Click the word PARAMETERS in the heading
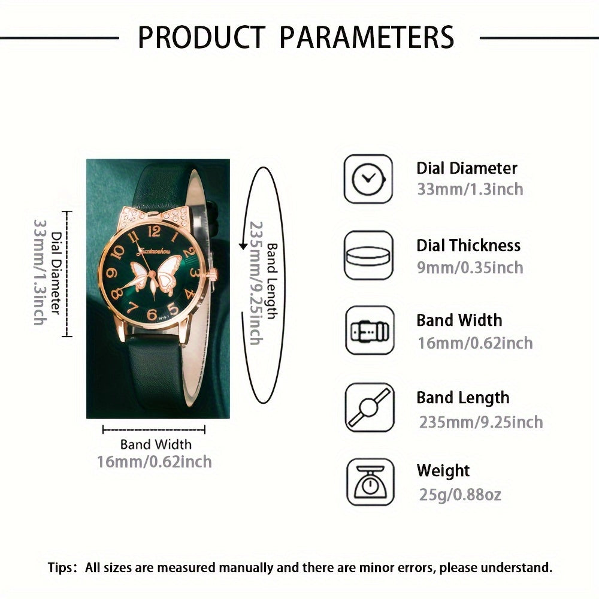[x=367, y=37]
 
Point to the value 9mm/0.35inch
[x=470, y=267]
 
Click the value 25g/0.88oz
[x=459, y=494]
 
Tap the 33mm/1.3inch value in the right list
[x=470, y=189]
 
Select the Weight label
[x=443, y=471]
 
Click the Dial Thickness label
[x=468, y=246]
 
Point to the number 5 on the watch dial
[x=172, y=309]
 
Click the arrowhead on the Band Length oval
[x=243, y=246]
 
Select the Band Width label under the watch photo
[x=156, y=444]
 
